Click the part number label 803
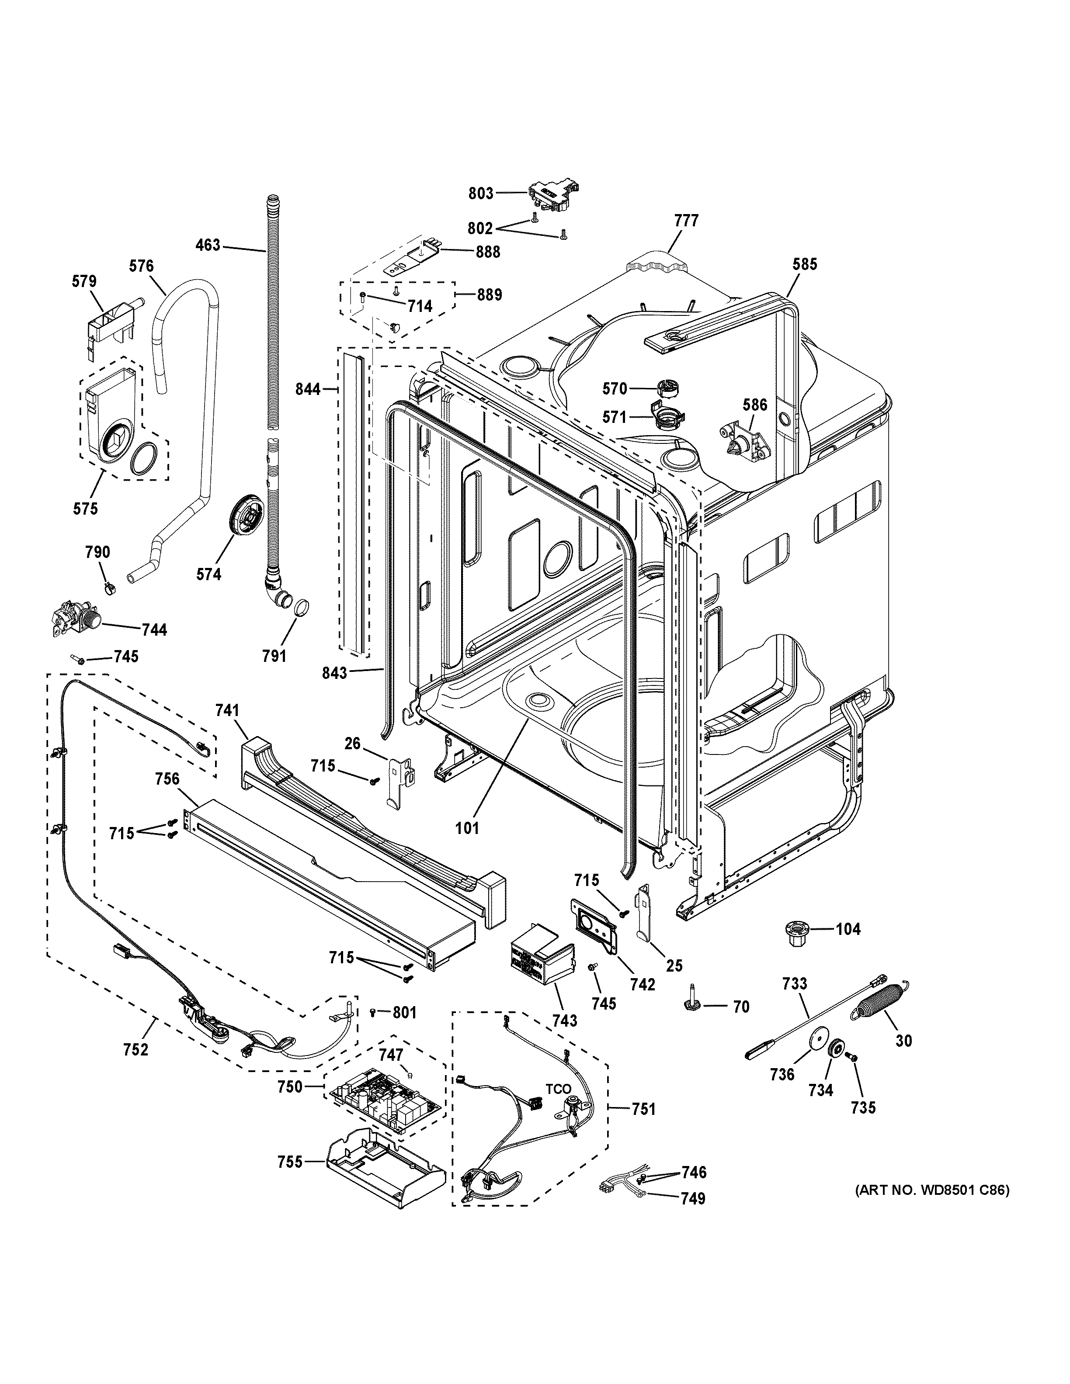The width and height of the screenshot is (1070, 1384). coord(480,193)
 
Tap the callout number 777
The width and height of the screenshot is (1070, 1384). coord(686,221)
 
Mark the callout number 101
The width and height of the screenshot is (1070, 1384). coord(467,827)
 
